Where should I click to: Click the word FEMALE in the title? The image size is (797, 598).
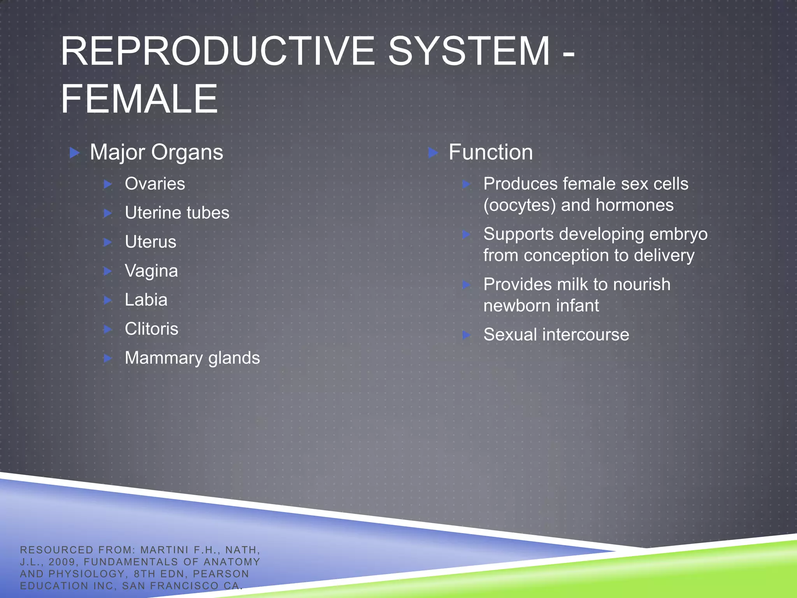tap(139, 99)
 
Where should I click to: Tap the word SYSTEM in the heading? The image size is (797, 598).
tap(469, 51)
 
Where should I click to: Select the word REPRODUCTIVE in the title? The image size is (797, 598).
tap(218, 51)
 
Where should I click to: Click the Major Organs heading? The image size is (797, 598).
tap(156, 152)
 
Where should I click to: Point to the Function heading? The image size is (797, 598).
tap(490, 152)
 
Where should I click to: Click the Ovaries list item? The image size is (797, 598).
tap(155, 184)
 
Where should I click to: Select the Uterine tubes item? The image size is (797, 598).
tap(177, 213)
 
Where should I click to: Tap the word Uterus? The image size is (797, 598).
tap(151, 242)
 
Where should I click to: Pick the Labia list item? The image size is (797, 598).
tap(146, 300)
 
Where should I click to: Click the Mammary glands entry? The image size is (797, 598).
tap(192, 358)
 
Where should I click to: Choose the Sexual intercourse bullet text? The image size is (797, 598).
tap(556, 335)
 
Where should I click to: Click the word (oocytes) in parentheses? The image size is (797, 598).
tap(520, 205)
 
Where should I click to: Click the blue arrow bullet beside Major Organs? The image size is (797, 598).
tap(74, 153)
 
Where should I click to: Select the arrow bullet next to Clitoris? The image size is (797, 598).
tap(108, 329)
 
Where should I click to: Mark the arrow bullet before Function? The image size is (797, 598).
tap(433, 153)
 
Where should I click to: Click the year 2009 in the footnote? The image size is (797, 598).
tap(61, 562)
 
